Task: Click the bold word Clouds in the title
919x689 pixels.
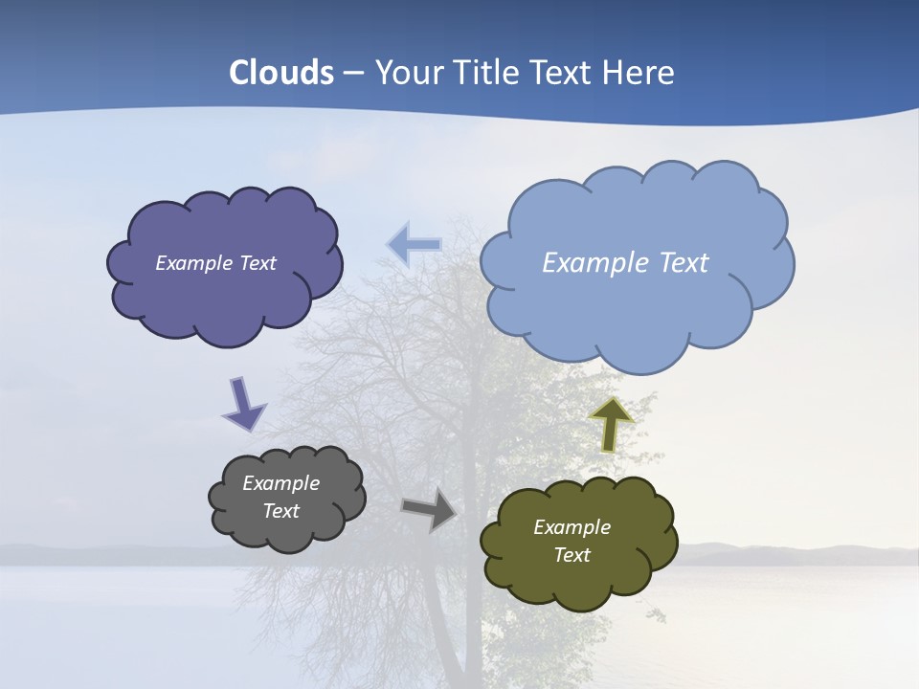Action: [x=280, y=73]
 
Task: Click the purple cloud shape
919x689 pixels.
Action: [x=225, y=297]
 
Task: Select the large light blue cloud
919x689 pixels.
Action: [x=637, y=306]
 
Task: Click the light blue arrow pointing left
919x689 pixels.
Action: [x=414, y=245]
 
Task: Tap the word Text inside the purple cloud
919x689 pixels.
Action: [x=257, y=263]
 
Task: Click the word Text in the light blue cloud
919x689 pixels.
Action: [x=684, y=263]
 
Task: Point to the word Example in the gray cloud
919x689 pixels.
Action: [x=280, y=483]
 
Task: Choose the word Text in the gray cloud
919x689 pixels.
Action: [x=280, y=511]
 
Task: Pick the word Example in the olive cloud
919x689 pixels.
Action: [x=572, y=527]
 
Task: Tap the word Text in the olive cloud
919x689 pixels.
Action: [x=572, y=555]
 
